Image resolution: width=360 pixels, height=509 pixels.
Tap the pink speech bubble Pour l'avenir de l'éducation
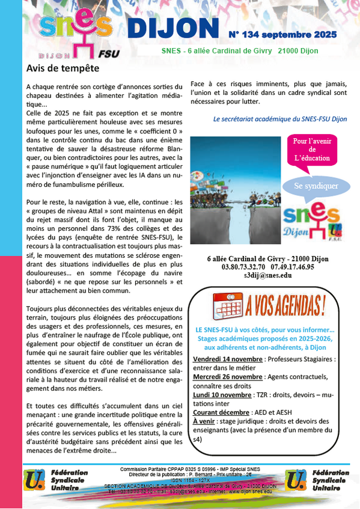311,150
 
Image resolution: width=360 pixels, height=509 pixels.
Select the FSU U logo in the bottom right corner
296,478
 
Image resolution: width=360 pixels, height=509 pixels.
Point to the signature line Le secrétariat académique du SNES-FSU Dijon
279,119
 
